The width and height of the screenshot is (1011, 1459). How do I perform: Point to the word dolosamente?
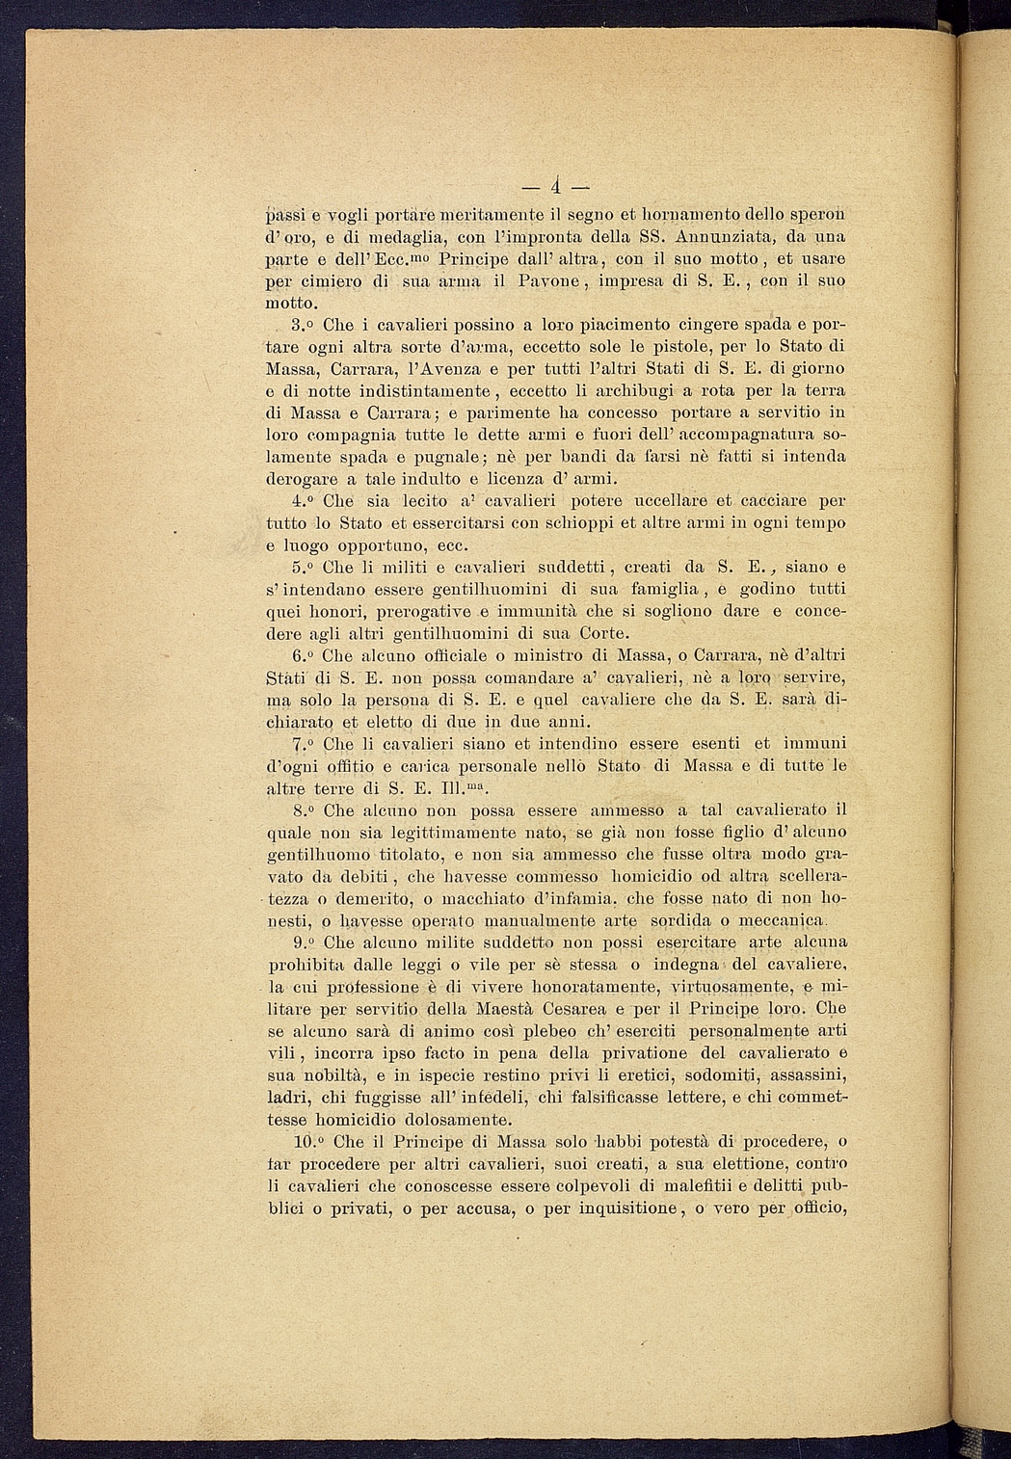tap(459, 1120)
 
